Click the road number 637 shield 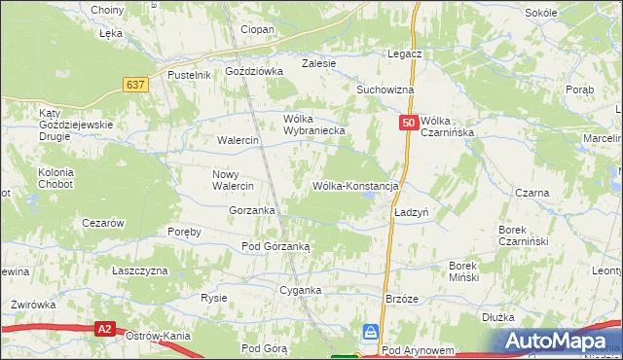click(135, 85)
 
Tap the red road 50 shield click(409, 123)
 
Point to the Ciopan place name click(257, 30)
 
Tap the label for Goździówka click(253, 71)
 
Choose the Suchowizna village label click(385, 90)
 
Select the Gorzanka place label click(252, 210)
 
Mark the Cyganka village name click(300, 291)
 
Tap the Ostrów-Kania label click(157, 336)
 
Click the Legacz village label click(404, 54)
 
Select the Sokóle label click(568, 13)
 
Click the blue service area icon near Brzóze click(371, 331)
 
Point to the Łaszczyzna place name click(140, 270)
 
